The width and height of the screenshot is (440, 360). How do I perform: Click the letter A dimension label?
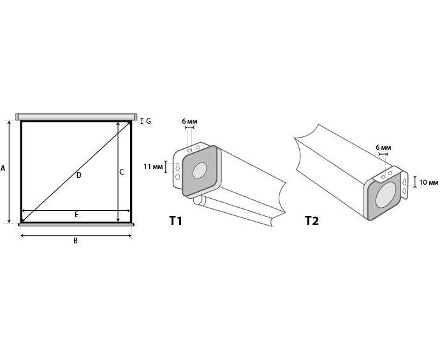(x=3, y=168)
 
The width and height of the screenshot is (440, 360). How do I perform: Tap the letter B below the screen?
(x=75, y=241)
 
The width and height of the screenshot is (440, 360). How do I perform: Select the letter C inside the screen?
(x=122, y=172)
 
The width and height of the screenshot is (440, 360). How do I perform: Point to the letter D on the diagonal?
(x=79, y=175)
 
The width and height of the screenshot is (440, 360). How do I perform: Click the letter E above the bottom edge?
(x=77, y=215)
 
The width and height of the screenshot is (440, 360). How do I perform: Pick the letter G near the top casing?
(x=149, y=121)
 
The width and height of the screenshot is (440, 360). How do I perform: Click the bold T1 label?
(x=175, y=220)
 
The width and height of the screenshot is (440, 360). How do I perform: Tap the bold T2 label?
(x=312, y=220)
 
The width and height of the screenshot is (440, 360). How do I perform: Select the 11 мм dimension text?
(x=153, y=166)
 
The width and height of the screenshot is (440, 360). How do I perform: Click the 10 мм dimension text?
(x=429, y=182)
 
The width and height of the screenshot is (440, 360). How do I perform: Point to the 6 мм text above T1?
(x=189, y=122)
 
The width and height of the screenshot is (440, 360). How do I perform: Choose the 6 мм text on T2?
(x=383, y=147)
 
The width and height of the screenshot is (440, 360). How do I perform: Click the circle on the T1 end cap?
(x=200, y=171)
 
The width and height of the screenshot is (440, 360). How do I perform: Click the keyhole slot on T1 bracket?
(x=178, y=167)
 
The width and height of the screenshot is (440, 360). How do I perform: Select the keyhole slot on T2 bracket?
(x=404, y=182)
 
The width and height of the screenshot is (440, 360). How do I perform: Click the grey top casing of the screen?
(x=77, y=117)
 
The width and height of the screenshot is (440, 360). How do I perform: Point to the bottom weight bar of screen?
(x=77, y=224)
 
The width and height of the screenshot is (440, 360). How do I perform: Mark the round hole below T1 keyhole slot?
(x=178, y=177)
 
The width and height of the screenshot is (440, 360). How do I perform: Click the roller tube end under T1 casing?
(x=198, y=200)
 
